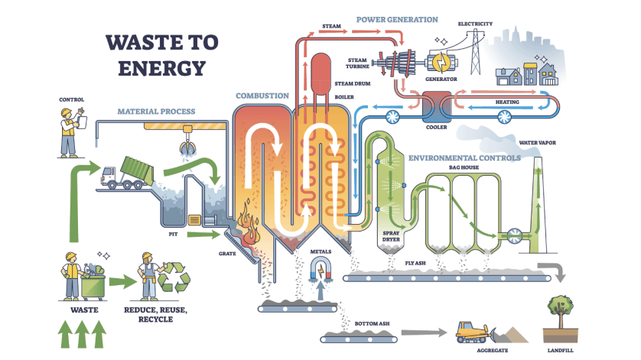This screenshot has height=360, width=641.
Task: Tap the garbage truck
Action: (125, 173)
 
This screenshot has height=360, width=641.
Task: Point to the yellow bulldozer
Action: (473, 331)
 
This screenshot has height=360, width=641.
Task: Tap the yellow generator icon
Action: (442, 61)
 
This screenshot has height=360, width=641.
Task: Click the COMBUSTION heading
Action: (262, 96)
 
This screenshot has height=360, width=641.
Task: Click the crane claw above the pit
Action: (185, 144)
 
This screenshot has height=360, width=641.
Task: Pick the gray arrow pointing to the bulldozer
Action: (425, 332)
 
